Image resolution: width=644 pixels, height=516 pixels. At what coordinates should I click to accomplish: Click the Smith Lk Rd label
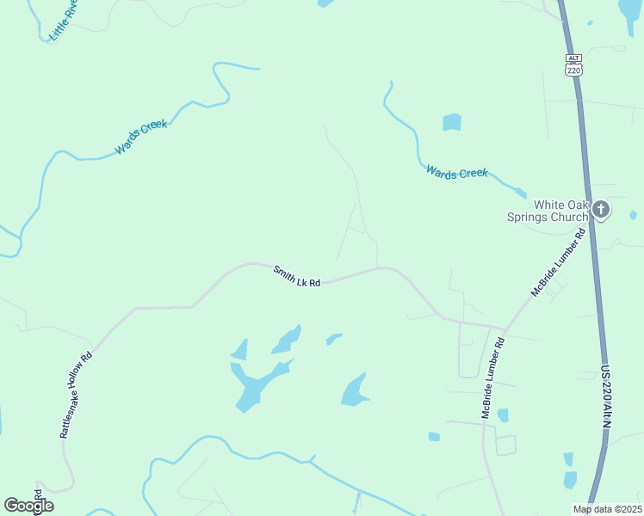point(297,276)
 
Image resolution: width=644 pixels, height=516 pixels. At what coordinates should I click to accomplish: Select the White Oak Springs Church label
point(560,210)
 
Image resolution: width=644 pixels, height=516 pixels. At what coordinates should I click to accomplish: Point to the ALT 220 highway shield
point(574,65)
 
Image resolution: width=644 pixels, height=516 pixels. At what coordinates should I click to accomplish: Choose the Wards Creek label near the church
point(456,173)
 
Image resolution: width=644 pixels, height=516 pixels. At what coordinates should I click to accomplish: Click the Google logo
point(28,506)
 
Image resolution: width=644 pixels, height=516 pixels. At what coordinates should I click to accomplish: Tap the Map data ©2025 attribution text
point(606,509)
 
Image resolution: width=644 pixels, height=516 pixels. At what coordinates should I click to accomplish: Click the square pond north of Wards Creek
point(452,122)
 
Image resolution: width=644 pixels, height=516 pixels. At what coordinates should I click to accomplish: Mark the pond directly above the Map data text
point(570,480)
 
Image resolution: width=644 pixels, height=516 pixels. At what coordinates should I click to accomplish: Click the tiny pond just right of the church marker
point(634,215)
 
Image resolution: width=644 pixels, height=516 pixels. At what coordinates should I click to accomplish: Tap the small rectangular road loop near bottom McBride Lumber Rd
point(505,445)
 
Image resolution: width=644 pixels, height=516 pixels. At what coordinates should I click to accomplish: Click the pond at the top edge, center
point(325,3)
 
